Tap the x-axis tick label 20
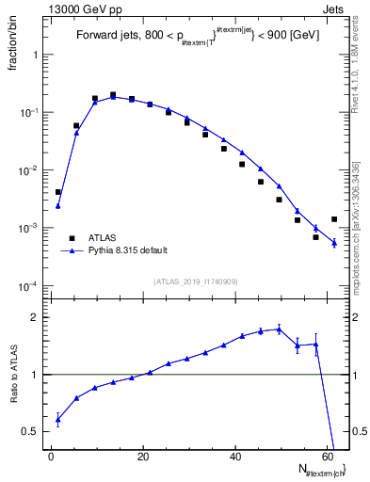click(143, 457)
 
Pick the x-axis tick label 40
click(234, 457)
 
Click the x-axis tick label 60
click(326, 457)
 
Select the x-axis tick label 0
click(52, 457)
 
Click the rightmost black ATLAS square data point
click(334, 219)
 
